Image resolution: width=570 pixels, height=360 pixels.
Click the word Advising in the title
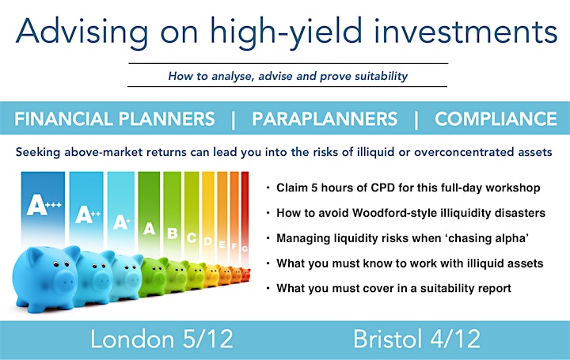82,32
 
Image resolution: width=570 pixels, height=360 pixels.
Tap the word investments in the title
465,31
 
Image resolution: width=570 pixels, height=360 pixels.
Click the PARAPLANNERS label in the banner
325,119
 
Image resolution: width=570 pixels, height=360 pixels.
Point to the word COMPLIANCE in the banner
496,119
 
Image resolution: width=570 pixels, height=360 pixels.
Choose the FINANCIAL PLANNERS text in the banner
115,119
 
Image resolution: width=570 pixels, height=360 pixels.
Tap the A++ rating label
88,214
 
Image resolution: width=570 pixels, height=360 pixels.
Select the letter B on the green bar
173,233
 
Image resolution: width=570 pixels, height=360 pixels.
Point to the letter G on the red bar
245,249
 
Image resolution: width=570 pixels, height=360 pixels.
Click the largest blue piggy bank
46,278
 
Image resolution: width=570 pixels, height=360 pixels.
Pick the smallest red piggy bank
246,275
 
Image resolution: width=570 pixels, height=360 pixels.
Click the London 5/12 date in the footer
161,339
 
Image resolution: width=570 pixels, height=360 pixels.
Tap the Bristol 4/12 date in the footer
416,339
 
